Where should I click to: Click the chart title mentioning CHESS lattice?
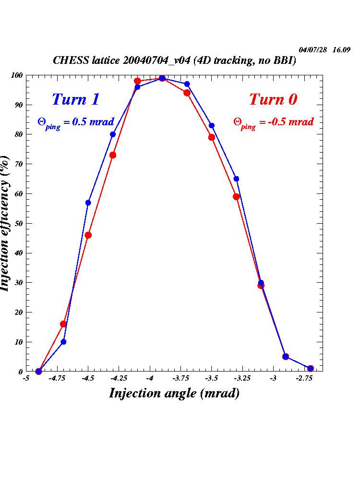(174, 61)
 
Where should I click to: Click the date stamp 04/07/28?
(313, 50)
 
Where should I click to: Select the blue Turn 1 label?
(75, 99)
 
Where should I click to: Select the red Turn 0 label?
(273, 99)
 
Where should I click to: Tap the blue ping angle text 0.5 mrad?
(76, 122)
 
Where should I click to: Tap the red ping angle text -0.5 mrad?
(274, 122)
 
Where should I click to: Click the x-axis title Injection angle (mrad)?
(174, 393)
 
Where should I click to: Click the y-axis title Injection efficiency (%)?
(6, 223)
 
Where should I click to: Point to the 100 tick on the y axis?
(17, 75)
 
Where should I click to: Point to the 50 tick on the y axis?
(19, 223)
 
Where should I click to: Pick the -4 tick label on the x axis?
(150, 378)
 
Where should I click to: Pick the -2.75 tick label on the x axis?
(303, 378)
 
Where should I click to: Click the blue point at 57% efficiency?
(88, 203)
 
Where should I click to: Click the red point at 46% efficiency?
(88, 235)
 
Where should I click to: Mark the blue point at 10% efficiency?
(63, 342)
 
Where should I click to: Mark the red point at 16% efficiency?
(63, 324)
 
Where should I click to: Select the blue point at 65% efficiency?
(236, 179)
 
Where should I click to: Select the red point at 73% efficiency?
(113, 155)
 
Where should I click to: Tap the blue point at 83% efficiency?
(212, 126)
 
